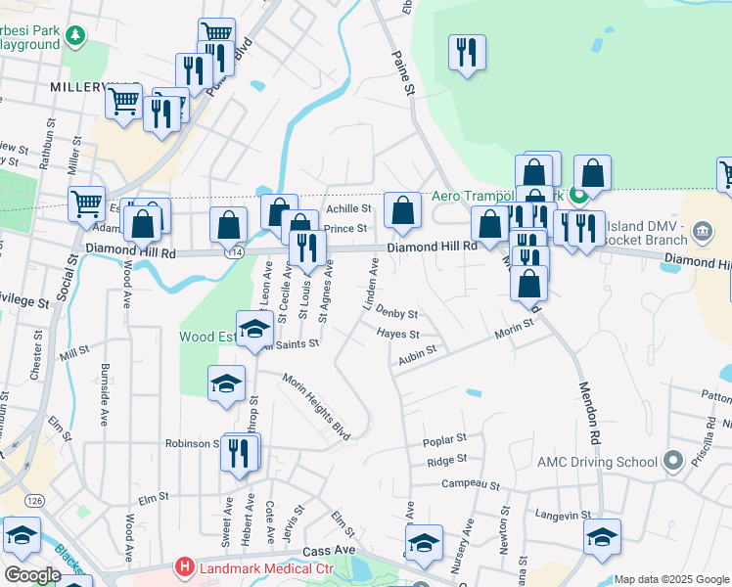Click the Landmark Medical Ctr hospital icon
pyautogui.click(x=183, y=566)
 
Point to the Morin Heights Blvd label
pyautogui.click(x=315, y=404)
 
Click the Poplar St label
pyautogui.click(x=445, y=441)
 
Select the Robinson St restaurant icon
pyautogui.click(x=239, y=453)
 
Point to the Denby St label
pyautogui.click(x=397, y=315)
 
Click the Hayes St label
pyautogui.click(x=398, y=335)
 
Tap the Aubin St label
pyautogui.click(x=416, y=356)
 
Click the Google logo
pyautogui.click(x=31, y=574)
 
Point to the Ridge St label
pyautogui.click(x=446, y=460)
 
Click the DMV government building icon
pyautogui.click(x=702, y=231)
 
